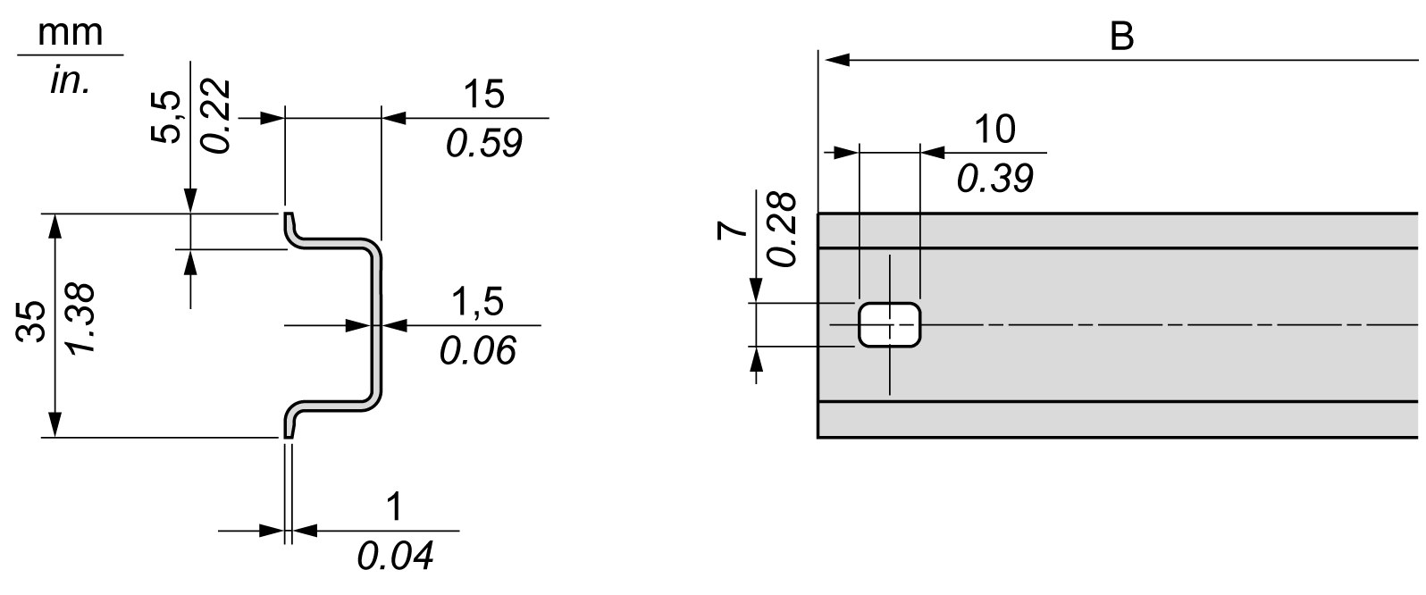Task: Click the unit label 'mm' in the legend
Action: click(71, 32)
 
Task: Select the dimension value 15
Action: click(482, 94)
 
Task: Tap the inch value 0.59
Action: click(482, 143)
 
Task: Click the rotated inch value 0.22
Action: click(214, 114)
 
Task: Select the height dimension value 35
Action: click(30, 322)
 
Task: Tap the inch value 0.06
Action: click(477, 350)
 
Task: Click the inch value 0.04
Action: click(394, 556)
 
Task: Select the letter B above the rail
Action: click(1120, 37)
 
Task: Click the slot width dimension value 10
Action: click(994, 130)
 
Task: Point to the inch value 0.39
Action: click(994, 179)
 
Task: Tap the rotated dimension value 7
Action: click(733, 231)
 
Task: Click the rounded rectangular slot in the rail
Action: click(889, 323)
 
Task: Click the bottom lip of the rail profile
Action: click(289, 422)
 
